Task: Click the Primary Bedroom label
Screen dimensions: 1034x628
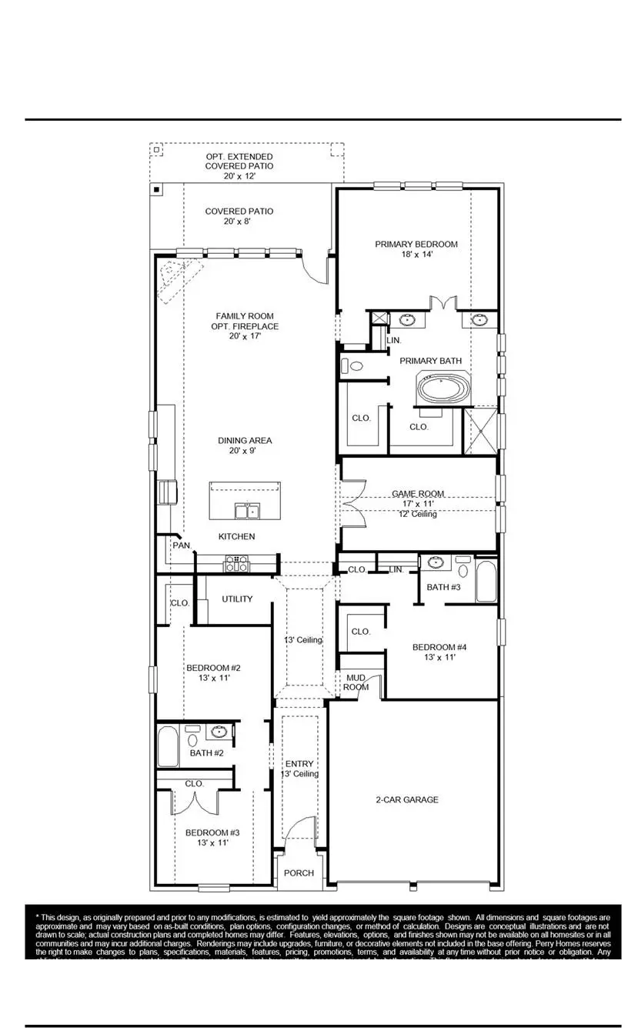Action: pyautogui.click(x=416, y=245)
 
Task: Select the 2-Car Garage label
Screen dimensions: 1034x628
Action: pyautogui.click(x=407, y=799)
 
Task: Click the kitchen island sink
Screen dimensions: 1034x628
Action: pyautogui.click(x=247, y=511)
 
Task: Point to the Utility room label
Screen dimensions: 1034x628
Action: pyautogui.click(x=237, y=599)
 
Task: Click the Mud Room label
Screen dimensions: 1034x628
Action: pyautogui.click(x=356, y=682)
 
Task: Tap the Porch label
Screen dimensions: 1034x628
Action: pyautogui.click(x=299, y=873)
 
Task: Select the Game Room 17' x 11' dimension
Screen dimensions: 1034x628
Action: pyautogui.click(x=418, y=504)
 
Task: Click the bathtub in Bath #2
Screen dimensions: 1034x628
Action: pyautogui.click(x=168, y=747)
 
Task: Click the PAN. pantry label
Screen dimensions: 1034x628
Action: pyautogui.click(x=182, y=545)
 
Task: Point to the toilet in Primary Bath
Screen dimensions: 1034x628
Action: pyautogui.click(x=352, y=366)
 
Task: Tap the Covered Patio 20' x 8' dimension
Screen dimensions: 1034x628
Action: pyautogui.click(x=239, y=222)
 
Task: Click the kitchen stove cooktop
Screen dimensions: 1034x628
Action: pyautogui.click(x=236, y=564)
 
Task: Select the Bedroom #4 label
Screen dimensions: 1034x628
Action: pyautogui.click(x=439, y=647)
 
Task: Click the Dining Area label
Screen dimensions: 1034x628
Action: pyautogui.click(x=245, y=441)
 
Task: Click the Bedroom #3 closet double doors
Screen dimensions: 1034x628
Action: pyautogui.click(x=194, y=802)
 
